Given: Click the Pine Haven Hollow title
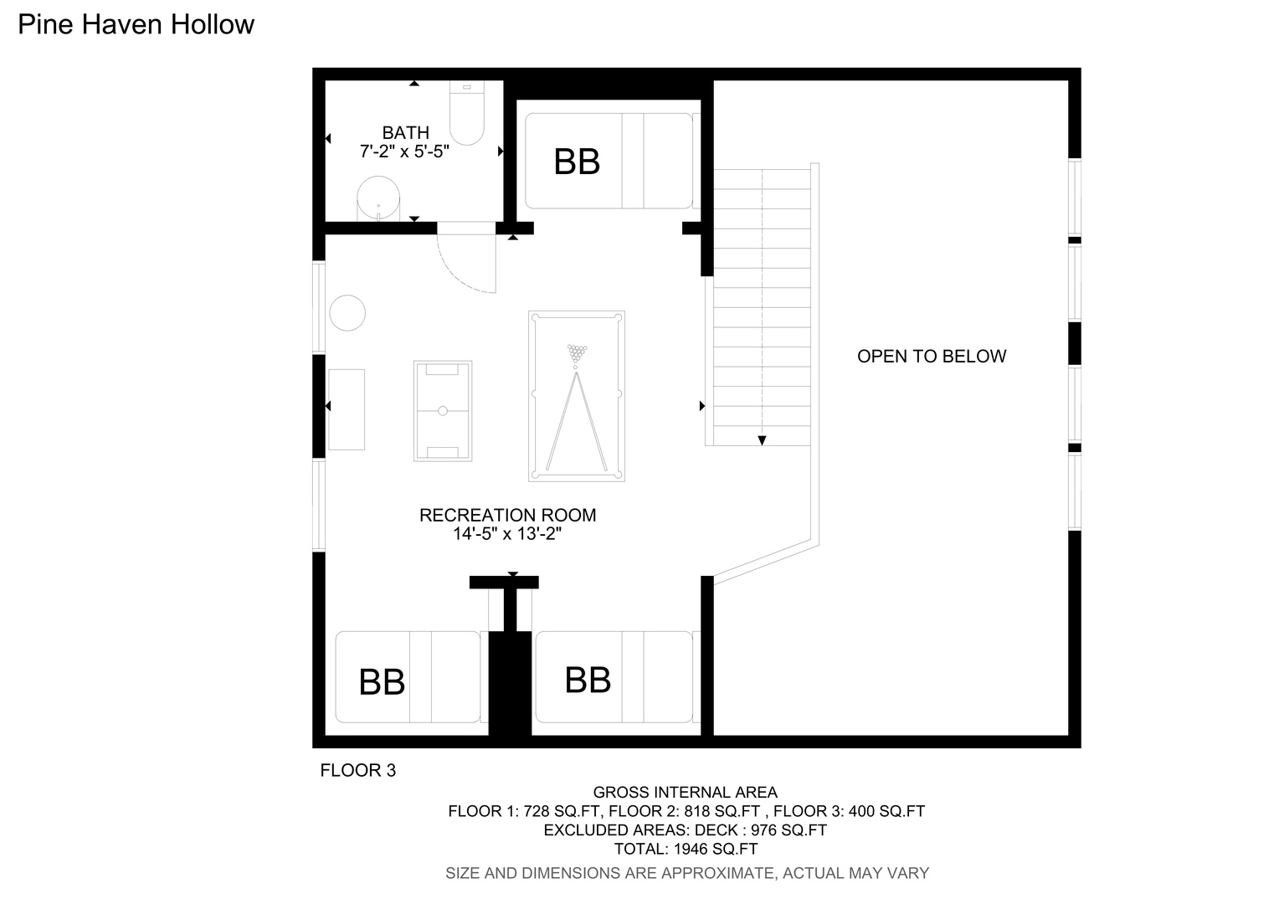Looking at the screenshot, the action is click(x=136, y=24).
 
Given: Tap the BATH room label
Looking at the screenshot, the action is click(x=405, y=132).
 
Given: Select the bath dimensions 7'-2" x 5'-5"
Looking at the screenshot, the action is click(x=404, y=152).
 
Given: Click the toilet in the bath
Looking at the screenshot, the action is click(x=466, y=112).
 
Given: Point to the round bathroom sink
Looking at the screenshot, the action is click(x=378, y=198).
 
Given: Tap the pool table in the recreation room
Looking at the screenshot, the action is click(x=576, y=396).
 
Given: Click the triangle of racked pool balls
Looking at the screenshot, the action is click(x=577, y=353).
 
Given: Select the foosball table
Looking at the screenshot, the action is click(x=443, y=411).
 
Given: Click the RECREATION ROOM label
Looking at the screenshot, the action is click(x=507, y=515).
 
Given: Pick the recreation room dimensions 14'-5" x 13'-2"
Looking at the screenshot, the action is click(x=507, y=534).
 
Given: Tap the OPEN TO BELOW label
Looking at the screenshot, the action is click(x=932, y=357).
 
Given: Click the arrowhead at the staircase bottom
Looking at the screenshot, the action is click(x=762, y=440).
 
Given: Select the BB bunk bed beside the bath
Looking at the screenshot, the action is click(x=609, y=161).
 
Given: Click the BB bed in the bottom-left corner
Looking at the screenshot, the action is click(x=408, y=676).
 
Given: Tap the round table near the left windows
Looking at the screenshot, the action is click(x=347, y=313).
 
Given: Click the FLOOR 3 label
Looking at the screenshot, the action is click(x=358, y=770).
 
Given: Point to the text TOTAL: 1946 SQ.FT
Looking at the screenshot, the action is click(x=686, y=850).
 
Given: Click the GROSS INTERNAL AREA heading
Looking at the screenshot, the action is click(x=686, y=792).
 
